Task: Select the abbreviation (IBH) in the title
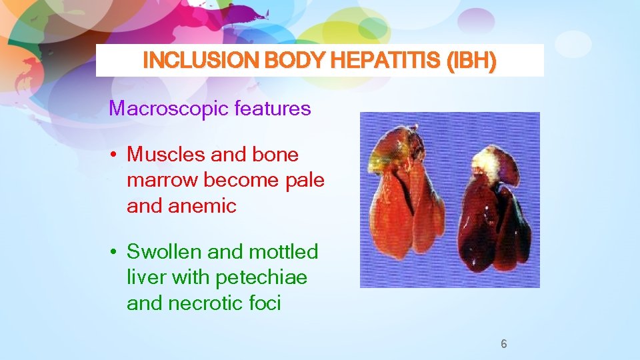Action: [472, 61]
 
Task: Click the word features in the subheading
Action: [273, 108]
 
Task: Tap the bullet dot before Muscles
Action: [115, 155]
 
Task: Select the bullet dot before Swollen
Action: [115, 253]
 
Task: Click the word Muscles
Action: [167, 155]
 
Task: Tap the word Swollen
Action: [164, 252]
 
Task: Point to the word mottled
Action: [283, 252]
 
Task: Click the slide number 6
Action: [504, 344]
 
